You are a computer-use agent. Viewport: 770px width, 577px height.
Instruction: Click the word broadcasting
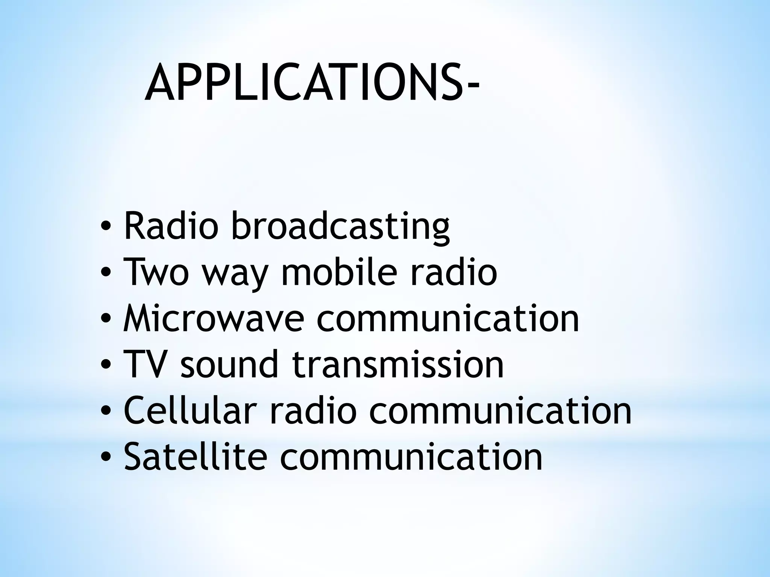pos(341,227)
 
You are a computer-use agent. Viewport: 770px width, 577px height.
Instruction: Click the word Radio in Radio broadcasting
pos(171,226)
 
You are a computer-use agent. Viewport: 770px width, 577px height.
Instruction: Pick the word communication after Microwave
pos(447,319)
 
